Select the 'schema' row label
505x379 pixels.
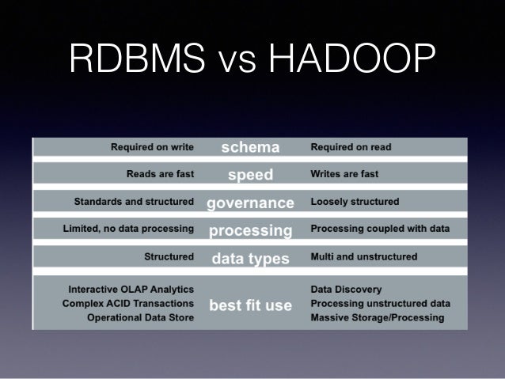tap(250, 147)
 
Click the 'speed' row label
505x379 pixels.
tap(250, 174)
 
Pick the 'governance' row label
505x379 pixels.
tap(250, 203)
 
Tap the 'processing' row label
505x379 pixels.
tap(250, 230)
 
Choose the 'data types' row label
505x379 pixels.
tap(250, 258)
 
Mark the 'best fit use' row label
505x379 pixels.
tap(250, 304)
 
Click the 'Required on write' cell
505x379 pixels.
tap(153, 147)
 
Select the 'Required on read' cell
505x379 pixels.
tap(351, 147)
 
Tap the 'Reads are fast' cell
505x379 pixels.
tap(161, 174)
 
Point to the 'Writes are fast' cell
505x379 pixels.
tap(344, 174)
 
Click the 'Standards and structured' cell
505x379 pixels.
tap(134, 202)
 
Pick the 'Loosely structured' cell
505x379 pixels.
tap(355, 202)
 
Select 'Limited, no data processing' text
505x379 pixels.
tap(128, 229)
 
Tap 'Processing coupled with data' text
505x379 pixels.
tap(380, 229)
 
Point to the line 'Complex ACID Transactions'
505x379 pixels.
tap(128, 304)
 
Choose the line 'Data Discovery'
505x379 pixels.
tap(347, 290)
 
